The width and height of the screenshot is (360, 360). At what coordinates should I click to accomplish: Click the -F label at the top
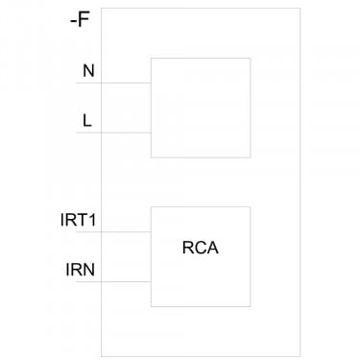tap(80, 20)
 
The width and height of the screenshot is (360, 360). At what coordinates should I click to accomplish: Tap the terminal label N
tap(88, 71)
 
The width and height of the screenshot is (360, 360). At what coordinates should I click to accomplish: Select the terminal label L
tap(87, 121)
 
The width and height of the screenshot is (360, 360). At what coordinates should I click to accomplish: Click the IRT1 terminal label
tap(78, 220)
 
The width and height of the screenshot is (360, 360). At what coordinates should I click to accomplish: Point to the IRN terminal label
tap(81, 270)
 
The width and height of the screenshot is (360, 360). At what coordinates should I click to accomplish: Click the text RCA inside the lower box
tap(201, 248)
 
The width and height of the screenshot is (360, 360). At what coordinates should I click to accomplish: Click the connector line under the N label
tap(113, 83)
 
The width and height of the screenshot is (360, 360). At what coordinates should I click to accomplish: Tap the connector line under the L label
tap(113, 132)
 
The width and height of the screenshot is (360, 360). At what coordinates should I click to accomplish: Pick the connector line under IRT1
tap(113, 231)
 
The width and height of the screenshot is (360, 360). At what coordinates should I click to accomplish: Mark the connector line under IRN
tap(113, 281)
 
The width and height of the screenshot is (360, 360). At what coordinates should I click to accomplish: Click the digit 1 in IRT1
tap(92, 220)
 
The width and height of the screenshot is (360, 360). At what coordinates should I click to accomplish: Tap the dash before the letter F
tap(73, 22)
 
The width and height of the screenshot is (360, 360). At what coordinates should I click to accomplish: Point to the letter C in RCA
tap(201, 248)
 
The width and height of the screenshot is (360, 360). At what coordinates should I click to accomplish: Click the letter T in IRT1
tap(83, 220)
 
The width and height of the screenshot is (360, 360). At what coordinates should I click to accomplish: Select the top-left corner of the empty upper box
tap(151, 58)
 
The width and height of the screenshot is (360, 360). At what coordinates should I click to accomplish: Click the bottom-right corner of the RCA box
tap(251, 306)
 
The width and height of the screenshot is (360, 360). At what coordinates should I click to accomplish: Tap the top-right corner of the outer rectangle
tap(300, 9)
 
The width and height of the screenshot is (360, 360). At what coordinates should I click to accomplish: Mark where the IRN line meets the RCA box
tap(151, 281)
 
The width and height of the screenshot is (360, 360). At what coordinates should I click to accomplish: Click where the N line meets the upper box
tap(151, 83)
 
